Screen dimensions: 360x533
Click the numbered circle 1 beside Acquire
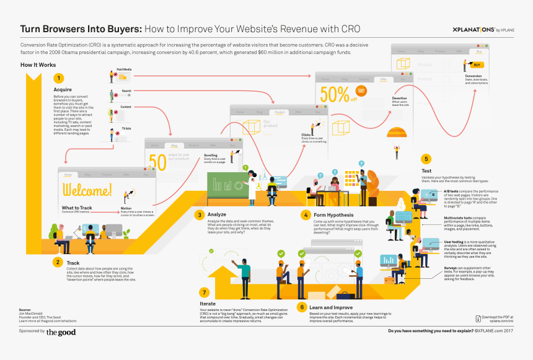tap(59, 78)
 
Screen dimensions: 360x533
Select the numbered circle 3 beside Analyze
tap(200, 215)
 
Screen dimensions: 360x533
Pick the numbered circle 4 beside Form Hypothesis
tap(306, 215)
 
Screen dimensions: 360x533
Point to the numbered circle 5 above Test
tap(425, 159)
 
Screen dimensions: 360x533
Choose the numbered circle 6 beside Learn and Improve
tap(302, 307)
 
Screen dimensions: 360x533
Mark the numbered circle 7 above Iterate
tap(204, 292)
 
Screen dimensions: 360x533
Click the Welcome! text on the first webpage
tap(87, 190)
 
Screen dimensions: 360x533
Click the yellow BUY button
tap(477, 64)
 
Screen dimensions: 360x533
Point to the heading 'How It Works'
tap(38, 64)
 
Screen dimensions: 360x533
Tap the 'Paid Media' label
tap(124, 69)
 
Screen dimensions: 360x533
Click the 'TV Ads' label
tap(126, 128)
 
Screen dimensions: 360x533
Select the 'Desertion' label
tap(400, 98)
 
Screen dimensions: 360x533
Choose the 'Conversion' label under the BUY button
tap(474, 76)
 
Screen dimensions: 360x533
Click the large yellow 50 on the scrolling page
tap(157, 161)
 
